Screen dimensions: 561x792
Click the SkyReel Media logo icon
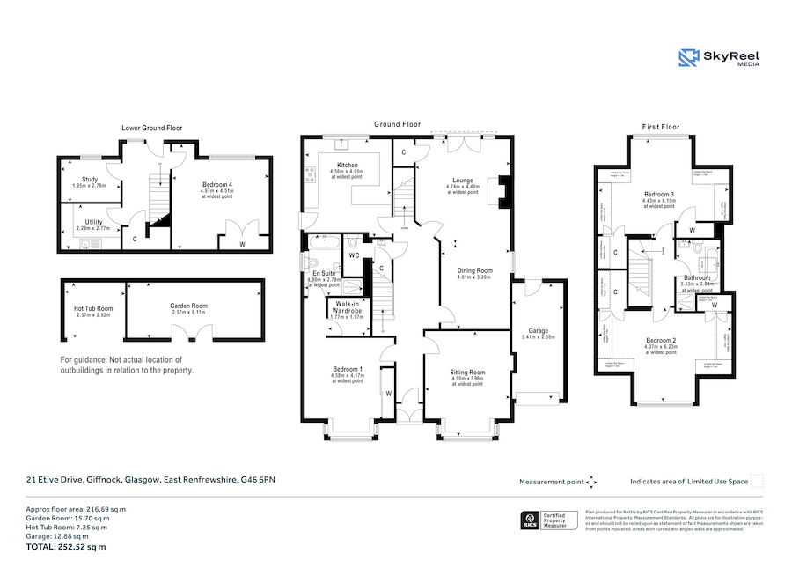tap(688, 58)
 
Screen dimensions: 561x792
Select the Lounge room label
tap(462, 181)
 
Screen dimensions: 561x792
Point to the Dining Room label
tap(473, 270)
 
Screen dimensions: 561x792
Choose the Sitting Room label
tap(467, 373)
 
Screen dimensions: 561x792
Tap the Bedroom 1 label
tap(347, 369)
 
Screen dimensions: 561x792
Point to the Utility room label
tap(94, 222)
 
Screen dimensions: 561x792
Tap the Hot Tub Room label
tap(93, 308)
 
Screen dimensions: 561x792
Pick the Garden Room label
tap(188, 306)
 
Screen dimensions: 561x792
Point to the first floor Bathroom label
tap(697, 278)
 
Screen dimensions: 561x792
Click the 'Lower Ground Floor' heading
tap(151, 128)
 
